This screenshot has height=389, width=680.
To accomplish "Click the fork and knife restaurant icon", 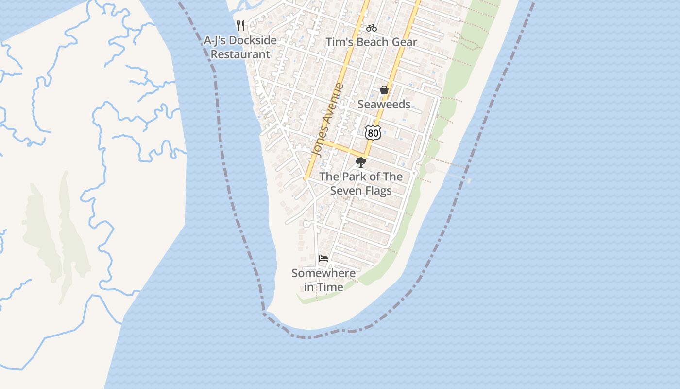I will [x=240, y=26].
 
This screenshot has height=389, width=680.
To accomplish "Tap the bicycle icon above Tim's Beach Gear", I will [x=372, y=28].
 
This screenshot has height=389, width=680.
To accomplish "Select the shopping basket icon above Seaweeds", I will [x=384, y=90].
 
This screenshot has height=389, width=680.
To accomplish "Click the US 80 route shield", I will [x=373, y=132].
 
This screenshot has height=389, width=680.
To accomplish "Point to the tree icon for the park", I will [x=360, y=162].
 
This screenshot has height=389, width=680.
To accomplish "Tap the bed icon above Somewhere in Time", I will [x=323, y=259].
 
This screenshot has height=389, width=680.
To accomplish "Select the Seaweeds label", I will [x=384, y=104].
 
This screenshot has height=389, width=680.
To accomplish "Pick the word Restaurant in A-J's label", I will [x=240, y=54].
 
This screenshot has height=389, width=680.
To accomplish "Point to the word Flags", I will [x=379, y=191].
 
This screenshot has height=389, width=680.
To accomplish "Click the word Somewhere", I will [x=323, y=273].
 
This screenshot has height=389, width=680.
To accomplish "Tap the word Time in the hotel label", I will [x=331, y=287].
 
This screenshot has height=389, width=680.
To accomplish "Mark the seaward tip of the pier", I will [x=469, y=180].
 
